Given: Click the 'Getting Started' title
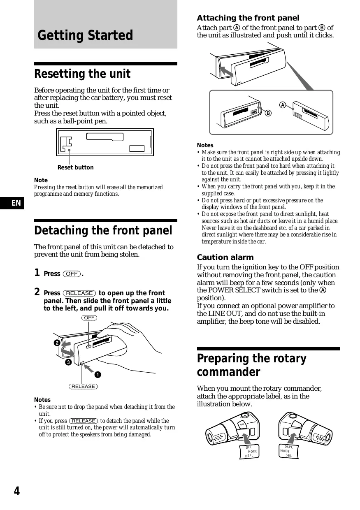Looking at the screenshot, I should coord(85,35).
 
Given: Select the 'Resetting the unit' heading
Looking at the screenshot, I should coord(82,74).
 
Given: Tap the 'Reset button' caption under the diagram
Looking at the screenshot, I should coord(75,167).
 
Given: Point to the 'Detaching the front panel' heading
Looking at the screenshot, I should coord(103,231).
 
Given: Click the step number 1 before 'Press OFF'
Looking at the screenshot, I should coord(37,273).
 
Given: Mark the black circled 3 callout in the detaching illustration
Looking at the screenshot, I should coord(68,362).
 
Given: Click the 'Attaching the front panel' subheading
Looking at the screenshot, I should coord(248,18).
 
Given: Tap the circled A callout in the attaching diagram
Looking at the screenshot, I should coord(283,104).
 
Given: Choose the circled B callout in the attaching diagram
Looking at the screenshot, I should coord(267,113).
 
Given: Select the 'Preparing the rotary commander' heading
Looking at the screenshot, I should coord(251,365).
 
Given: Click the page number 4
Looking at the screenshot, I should coord(16,491).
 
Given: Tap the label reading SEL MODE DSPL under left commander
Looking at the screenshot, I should coord(250,452).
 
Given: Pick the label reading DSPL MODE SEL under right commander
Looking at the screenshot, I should coord(287,451).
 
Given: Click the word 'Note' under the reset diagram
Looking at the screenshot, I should coord(41,180).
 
